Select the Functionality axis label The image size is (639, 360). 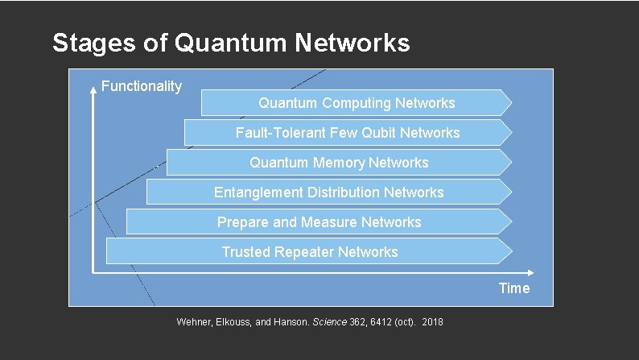(142, 86)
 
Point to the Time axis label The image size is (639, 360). (514, 288)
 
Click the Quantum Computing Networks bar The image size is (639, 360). (356, 103)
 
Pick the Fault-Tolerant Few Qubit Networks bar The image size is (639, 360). (348, 133)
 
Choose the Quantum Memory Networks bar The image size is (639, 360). (339, 163)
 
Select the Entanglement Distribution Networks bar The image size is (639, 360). (328, 192)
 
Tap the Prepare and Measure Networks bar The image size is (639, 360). (319, 222)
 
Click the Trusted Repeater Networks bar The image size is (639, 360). (309, 252)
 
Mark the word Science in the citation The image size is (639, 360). (329, 322)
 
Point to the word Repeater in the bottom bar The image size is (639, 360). (303, 252)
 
